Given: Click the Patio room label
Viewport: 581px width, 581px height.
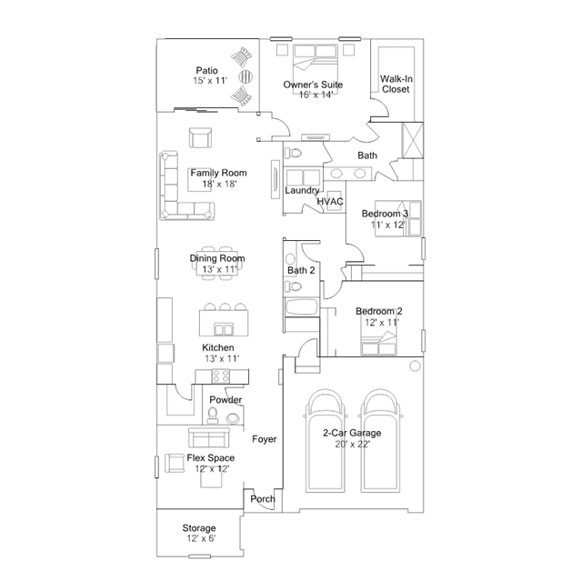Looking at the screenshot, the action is pos(206,70).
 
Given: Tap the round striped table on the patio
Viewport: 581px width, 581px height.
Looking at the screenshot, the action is pos(245,76).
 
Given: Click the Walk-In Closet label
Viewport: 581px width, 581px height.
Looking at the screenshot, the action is pos(396,85).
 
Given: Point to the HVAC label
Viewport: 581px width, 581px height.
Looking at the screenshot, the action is pos(330,202).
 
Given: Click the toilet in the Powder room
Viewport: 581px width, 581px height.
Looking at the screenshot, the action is pos(213,416).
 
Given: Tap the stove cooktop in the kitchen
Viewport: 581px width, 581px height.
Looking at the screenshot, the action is pos(221,376).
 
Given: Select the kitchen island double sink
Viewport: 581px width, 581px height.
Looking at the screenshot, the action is pos(224,329).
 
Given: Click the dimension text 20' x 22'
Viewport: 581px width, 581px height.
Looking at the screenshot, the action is pos(353,444).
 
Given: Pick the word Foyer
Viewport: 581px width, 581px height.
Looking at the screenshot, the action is pos(265,439).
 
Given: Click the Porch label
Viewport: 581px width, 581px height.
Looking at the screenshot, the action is pos(263,499).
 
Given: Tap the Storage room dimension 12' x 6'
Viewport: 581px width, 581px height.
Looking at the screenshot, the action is pos(201,538).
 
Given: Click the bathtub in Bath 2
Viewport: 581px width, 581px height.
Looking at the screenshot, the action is pos(302,307).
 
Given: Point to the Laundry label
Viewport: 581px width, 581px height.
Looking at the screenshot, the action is pos(302,190).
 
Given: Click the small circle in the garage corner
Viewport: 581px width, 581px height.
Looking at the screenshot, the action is pos(415,366).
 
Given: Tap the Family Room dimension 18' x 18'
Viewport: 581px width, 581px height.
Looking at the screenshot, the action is pos(219,184).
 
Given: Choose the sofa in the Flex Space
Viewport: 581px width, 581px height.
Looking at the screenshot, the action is pos(209,437).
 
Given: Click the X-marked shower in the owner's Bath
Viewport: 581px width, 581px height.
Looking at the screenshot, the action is pos(413,140).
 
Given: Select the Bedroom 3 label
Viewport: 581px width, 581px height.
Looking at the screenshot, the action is pos(385,214).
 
